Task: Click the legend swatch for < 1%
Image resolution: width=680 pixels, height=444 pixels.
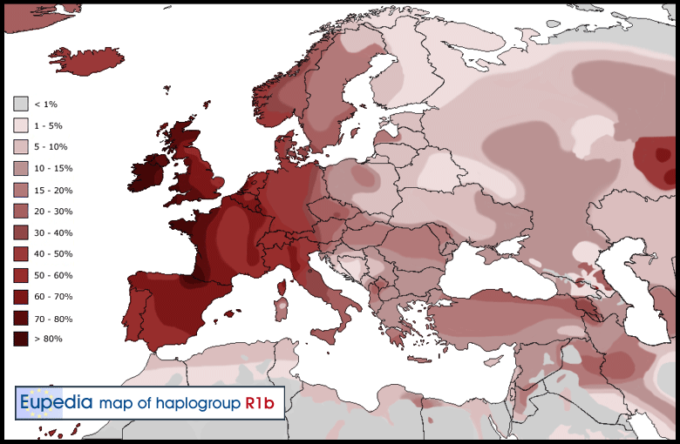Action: point(21,104)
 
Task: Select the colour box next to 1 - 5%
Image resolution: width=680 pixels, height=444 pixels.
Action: point(21,125)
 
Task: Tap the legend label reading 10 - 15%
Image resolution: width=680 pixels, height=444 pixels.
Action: point(53,168)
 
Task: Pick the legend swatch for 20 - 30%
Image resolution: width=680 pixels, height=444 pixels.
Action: point(21,211)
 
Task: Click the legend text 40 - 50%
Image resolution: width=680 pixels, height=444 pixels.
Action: point(53,254)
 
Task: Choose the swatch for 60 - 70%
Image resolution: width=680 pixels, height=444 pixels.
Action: point(21,297)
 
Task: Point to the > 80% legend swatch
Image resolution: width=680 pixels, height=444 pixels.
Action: point(21,340)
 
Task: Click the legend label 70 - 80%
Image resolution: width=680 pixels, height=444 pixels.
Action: point(53,319)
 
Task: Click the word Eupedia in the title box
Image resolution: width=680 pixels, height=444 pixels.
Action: point(56,403)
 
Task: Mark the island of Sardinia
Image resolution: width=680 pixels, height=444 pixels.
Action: point(282,307)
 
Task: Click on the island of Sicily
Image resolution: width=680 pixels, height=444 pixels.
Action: point(326,333)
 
